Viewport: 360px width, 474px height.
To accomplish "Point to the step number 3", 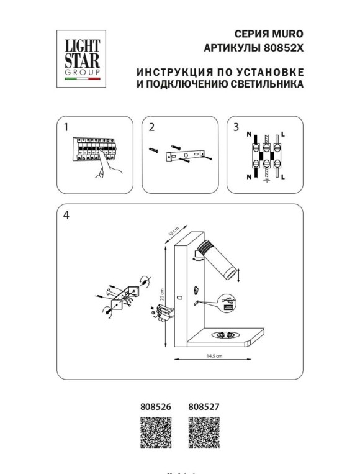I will pos(236,127).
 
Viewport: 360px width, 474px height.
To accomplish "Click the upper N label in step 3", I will pos(249,135).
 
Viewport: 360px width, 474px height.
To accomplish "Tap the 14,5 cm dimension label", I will pos(214,356).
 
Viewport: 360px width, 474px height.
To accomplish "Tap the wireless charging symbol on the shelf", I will pos(225,335).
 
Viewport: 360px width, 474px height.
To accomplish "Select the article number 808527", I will pos(202,408).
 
